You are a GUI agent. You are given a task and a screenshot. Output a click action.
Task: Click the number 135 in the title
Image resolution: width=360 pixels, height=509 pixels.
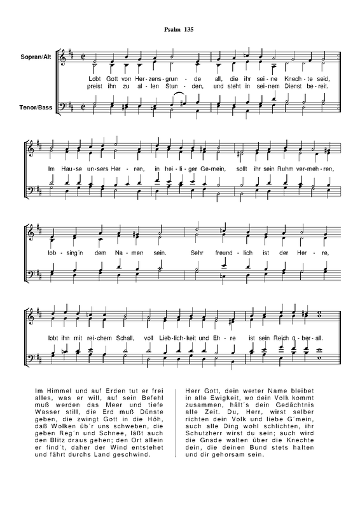pos(190,30)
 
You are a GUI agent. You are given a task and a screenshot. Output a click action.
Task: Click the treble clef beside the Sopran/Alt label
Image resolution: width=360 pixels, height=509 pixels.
pos(64,58)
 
